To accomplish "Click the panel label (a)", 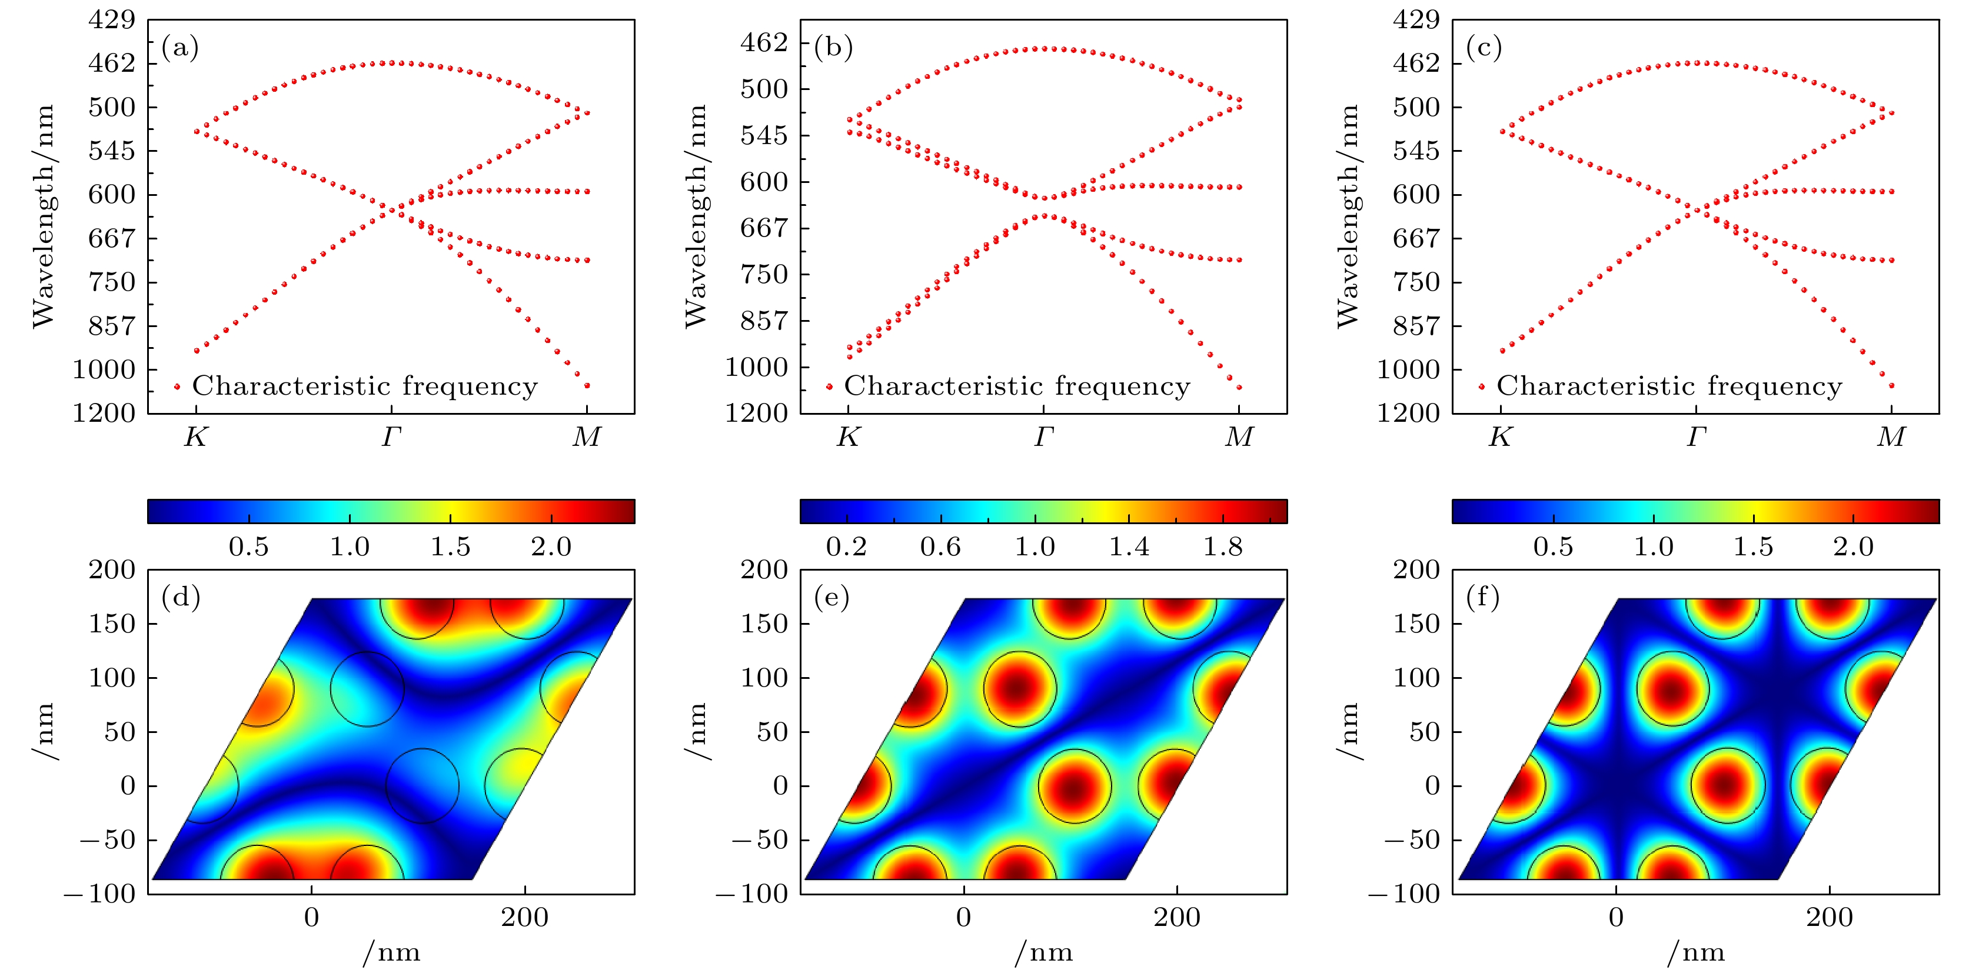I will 181,48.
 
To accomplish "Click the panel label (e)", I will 831,597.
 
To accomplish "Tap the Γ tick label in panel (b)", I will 1044,437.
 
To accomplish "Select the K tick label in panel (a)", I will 196,437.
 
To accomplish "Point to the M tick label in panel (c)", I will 1891,437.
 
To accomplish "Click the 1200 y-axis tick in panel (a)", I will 104,414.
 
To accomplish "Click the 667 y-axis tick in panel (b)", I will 764,228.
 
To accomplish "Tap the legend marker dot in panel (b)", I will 829,386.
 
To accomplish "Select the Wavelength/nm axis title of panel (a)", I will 44,216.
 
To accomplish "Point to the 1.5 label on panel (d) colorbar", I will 450,547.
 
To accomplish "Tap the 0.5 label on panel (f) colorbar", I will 1553,547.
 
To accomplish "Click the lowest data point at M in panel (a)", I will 587,386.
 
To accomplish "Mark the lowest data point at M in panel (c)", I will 1892,386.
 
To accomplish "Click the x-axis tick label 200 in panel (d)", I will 524,917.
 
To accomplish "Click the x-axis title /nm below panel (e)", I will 1043,952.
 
